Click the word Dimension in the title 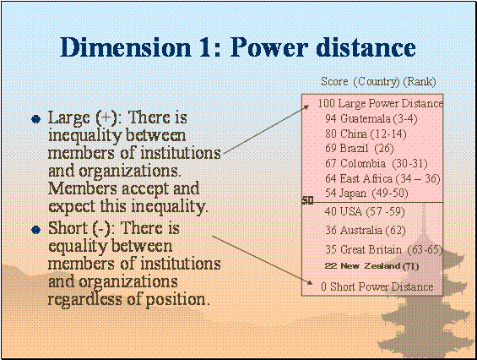point(126,47)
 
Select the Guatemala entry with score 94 point(371,118)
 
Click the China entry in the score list point(366,134)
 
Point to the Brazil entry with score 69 point(360,149)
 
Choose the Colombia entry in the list point(377,164)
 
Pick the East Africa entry point(382,178)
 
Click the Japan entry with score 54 point(366,193)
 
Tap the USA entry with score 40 point(365,211)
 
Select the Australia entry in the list point(366,230)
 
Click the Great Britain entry point(383,249)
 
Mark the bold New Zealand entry point(371,266)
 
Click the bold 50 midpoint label point(307,200)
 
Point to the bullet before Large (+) point(36,119)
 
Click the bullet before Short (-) point(36,230)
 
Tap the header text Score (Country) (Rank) point(378,82)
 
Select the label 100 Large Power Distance point(380,104)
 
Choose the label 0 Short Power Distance point(377,286)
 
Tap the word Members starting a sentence point(83,188)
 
